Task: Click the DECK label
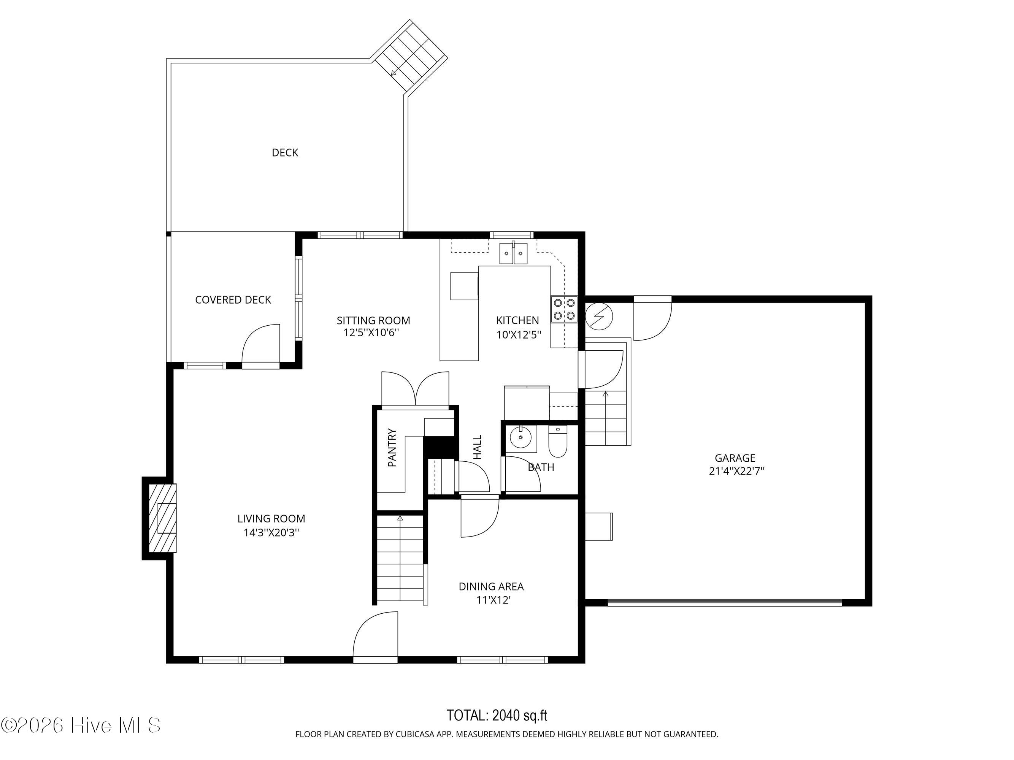285,152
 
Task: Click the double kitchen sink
513,253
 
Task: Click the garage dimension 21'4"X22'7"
737,471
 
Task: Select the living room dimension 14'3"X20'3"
271,532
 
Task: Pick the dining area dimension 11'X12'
493,600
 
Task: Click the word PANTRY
392,447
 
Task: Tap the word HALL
478,447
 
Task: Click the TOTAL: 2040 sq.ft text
497,715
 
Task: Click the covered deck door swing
261,343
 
